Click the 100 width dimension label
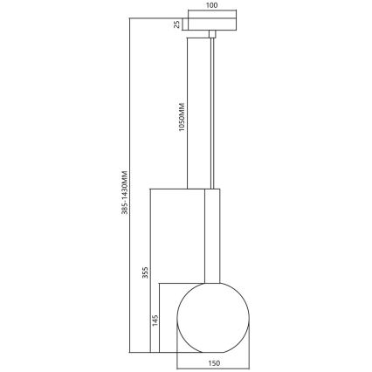coord(210,6)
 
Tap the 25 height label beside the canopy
coord(176,24)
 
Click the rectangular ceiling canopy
coord(210,24)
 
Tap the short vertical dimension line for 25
coord(183,24)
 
